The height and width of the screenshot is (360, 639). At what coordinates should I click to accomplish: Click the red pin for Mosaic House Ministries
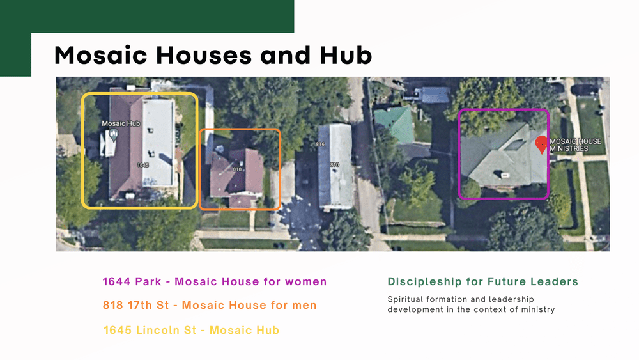point(541,145)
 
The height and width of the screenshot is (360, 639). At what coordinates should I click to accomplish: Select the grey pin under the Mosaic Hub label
point(114,134)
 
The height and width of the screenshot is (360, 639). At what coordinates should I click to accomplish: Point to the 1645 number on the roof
point(143,165)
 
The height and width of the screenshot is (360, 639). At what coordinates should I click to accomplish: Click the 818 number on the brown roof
point(236,169)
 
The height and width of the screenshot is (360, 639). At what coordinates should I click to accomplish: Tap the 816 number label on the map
point(321,145)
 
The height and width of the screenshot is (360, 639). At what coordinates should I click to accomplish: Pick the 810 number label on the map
point(334,165)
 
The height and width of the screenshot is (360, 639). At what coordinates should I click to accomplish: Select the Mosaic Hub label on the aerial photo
point(121,123)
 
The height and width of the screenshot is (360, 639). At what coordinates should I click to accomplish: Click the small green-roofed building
point(394,123)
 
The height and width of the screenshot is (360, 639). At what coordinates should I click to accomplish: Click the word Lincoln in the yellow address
point(162,330)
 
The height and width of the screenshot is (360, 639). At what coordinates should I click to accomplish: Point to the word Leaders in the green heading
point(557,281)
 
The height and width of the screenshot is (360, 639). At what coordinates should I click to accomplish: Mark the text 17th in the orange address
point(142,306)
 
